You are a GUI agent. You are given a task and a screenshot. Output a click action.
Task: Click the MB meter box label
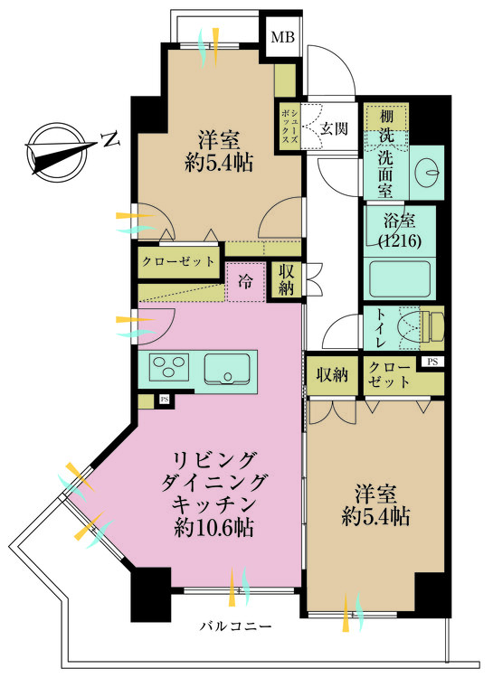click(282, 37)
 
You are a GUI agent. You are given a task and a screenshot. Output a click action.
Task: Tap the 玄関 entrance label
click(334, 128)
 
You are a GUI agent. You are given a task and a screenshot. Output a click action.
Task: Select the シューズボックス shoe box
click(289, 127)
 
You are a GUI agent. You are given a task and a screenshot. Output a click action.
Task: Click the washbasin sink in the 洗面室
click(427, 173)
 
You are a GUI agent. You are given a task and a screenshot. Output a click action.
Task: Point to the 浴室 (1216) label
click(400, 231)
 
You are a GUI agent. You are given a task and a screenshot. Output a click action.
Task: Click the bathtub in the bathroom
click(399, 278)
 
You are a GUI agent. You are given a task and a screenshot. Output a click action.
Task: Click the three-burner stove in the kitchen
click(169, 367)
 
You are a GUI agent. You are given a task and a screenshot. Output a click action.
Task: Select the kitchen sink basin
click(227, 369)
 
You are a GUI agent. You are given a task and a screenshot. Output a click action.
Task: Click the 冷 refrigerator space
click(245, 282)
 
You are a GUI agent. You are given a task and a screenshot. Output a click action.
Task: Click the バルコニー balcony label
click(235, 626)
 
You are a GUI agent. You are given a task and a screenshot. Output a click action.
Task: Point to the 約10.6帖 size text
click(213, 527)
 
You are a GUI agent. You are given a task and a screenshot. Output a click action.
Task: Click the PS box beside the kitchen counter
click(164, 400)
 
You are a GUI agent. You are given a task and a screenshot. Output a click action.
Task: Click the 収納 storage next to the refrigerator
click(286, 279)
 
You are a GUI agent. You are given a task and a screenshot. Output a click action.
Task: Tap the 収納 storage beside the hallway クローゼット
click(332, 374)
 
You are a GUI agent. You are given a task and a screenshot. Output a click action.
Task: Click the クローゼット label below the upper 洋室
click(178, 261)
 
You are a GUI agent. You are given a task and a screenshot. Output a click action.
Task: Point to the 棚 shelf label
click(386, 116)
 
